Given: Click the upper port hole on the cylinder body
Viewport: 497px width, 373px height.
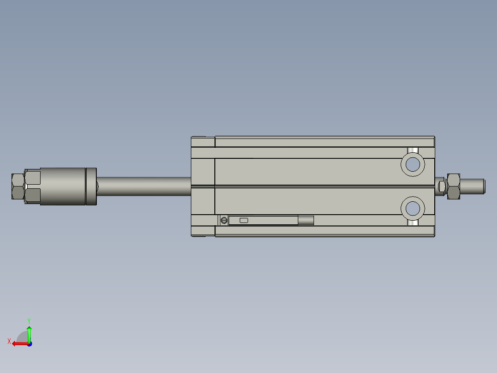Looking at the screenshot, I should click(413, 164).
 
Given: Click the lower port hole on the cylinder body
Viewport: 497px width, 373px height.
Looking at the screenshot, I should click(413, 209).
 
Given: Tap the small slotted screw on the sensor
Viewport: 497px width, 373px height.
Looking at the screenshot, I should click(224, 220).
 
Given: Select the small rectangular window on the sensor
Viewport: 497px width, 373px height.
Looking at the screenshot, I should click(244, 220).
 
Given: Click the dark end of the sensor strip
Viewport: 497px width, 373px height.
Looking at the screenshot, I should click(306, 220).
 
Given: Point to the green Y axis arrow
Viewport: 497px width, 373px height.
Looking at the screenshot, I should click(29, 332).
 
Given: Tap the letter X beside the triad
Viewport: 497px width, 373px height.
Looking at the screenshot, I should click(9, 341).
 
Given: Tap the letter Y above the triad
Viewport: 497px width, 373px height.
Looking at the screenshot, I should click(29, 320).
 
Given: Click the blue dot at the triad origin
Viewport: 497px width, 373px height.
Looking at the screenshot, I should click(29, 343).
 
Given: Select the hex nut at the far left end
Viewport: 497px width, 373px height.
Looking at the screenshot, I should click(18, 186).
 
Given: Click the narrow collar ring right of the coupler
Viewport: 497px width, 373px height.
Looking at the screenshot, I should click(91, 186).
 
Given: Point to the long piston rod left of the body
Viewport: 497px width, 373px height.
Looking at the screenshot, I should click(143, 186).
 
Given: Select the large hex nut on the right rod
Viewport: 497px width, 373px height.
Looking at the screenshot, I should click(453, 186).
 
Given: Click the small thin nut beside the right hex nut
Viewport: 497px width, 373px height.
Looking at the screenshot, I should click(441, 186).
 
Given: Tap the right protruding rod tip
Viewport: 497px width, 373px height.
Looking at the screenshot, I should click(473, 186).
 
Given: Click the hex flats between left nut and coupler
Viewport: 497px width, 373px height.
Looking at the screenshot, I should click(32, 186).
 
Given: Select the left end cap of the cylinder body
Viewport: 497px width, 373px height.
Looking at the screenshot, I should click(203, 186).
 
